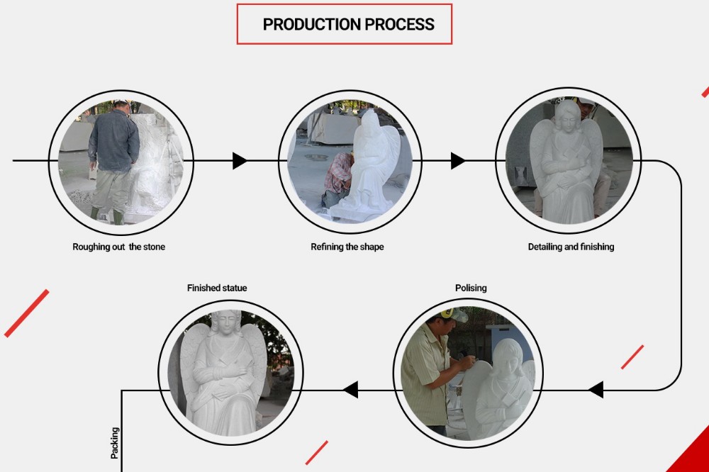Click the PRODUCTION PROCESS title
pos(349,24)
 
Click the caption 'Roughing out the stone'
pos(119,247)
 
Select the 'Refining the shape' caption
pos(347,247)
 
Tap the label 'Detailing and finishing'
pos(571,247)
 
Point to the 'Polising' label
pos(471,288)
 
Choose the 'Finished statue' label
pos(217,288)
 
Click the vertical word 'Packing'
pos(115,443)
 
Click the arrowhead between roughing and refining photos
pos(240,161)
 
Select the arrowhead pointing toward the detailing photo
pos(458,161)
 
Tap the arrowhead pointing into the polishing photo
pos(596,390)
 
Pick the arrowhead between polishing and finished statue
pos(350,390)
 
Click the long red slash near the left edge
pos(27,313)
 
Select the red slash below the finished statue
pos(316,453)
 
